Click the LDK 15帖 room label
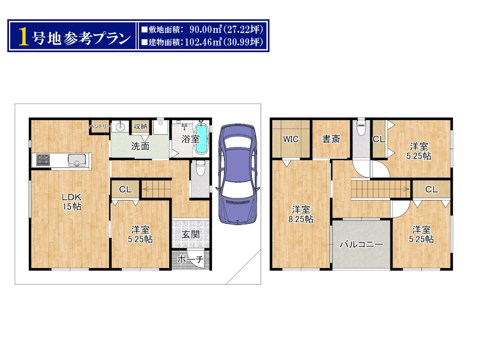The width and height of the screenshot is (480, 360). pos(72,202)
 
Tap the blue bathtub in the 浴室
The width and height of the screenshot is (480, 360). pos(202,139)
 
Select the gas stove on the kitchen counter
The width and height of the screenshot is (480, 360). pos(43,160)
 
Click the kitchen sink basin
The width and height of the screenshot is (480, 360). pos(77,160)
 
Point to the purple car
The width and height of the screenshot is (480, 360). pos(238,173)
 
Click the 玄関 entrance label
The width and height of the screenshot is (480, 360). pos(191,234)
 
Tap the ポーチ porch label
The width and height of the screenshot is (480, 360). pos(190,259)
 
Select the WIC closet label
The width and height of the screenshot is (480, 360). pos(291,139)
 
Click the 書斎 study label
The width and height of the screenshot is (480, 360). pos(331,139)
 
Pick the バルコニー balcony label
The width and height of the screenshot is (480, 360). pos(361,244)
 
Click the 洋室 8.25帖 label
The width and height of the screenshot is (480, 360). pos(301,214)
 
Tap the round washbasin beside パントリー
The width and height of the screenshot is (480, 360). pos(120,127)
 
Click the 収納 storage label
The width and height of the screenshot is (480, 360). pos(141,126)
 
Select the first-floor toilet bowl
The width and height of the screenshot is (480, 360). pos(201,168)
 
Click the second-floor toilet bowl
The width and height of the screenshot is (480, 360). pos(361,127)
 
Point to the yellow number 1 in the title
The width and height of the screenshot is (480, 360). pos(23,37)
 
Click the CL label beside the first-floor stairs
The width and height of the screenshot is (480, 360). pos(126,189)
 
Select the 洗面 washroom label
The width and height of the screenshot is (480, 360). pos(140,146)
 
